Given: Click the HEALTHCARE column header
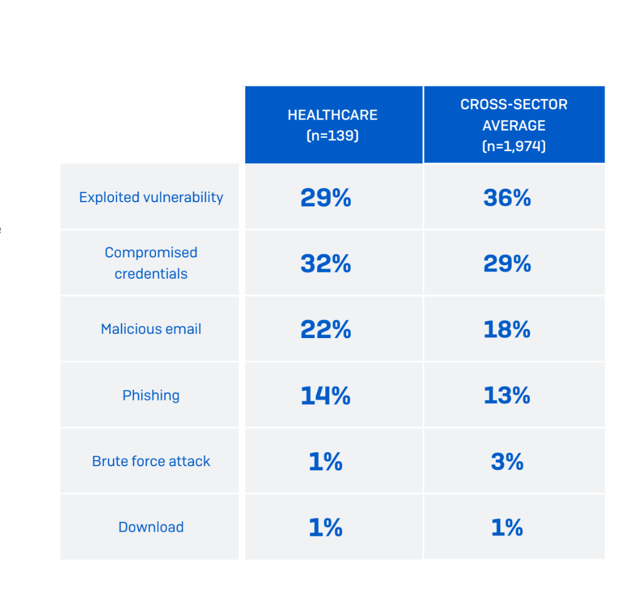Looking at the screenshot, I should tap(333, 125).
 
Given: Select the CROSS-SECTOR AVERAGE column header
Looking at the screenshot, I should tap(514, 125).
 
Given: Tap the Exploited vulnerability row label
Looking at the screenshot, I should tap(151, 197).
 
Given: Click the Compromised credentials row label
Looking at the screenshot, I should tap(151, 263).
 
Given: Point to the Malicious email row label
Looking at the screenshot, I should tap(151, 329).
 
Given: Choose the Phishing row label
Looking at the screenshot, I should tap(151, 395).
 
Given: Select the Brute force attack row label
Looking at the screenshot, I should tap(151, 461).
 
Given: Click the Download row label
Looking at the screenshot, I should tap(151, 527).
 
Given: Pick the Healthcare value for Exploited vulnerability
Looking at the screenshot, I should tap(326, 198).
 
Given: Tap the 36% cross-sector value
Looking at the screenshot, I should tap(507, 198).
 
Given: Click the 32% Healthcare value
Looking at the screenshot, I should tap(326, 263).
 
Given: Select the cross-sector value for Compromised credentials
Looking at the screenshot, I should tap(507, 263).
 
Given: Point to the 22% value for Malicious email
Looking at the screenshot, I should tap(326, 330).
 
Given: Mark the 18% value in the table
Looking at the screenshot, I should tap(507, 330).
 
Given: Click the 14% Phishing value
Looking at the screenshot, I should tap(326, 396).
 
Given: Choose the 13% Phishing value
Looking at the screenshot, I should tap(507, 396).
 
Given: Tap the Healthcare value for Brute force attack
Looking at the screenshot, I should tap(326, 462).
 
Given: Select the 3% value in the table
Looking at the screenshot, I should tap(507, 462).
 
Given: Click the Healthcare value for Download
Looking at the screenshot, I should tap(326, 527).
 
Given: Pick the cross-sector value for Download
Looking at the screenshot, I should tap(507, 527).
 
